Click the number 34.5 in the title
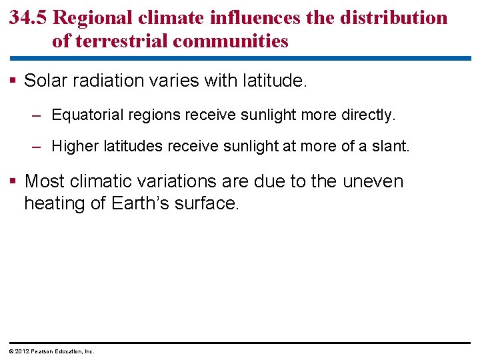(x=28, y=18)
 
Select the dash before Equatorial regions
(x=39, y=115)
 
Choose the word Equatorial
(x=86, y=115)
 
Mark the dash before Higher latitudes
(x=39, y=146)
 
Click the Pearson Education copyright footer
(x=50, y=351)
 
